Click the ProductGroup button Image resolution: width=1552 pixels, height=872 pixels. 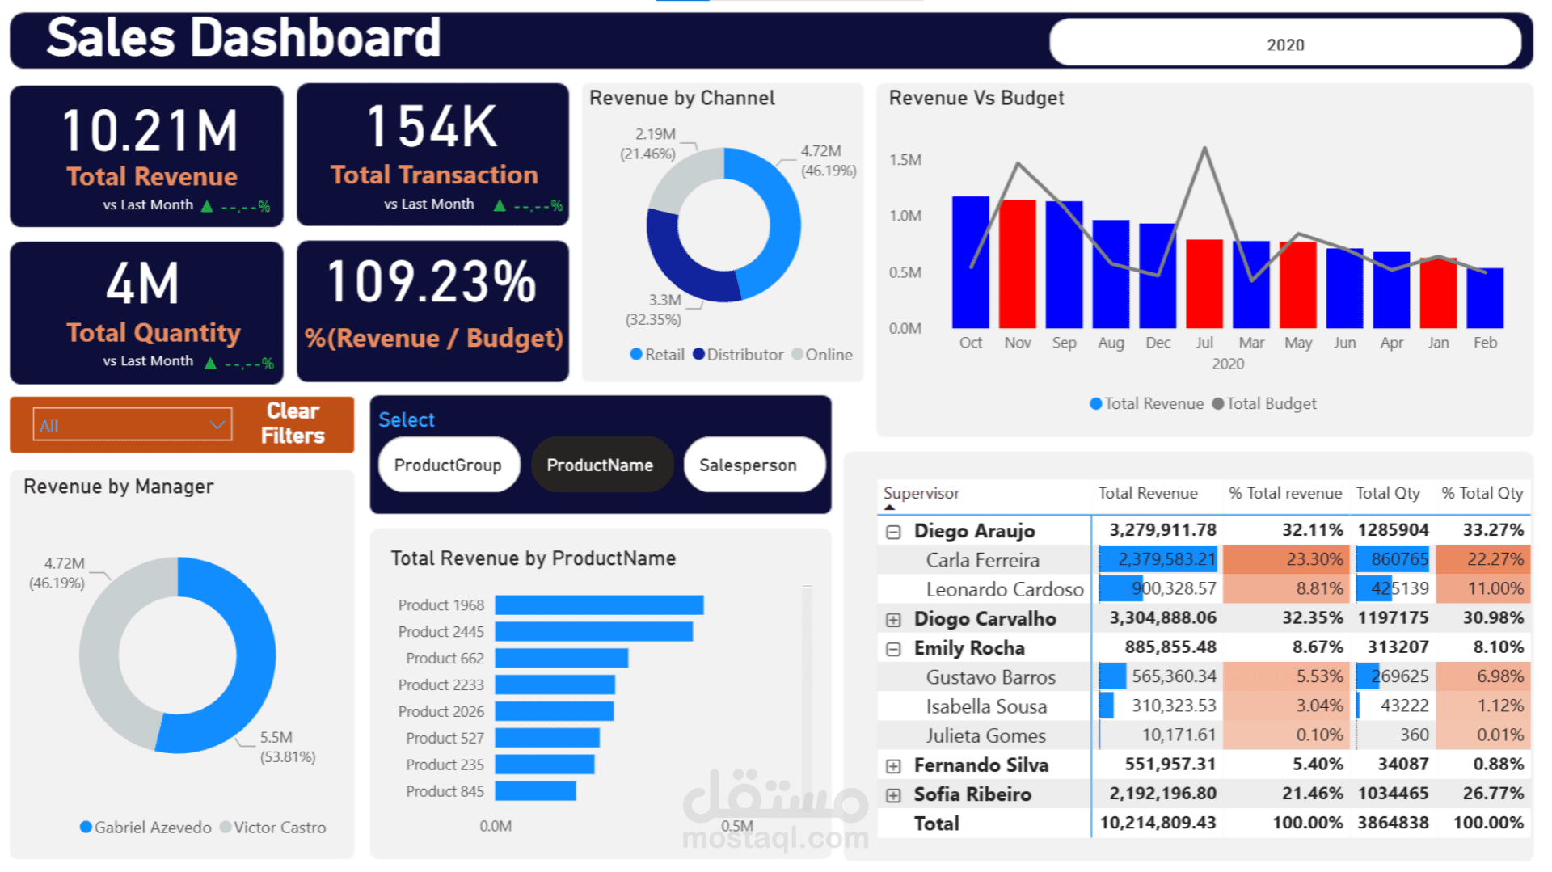coord(448,465)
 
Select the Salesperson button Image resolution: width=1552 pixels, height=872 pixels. coord(748,465)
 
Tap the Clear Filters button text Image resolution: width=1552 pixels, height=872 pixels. coord(293,423)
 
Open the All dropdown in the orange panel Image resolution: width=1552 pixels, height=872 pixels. coord(132,425)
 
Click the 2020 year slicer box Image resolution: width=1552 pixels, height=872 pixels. coord(1284,44)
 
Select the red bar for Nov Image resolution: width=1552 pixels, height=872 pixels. coord(1017,263)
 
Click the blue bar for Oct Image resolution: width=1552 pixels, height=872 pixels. coord(970,262)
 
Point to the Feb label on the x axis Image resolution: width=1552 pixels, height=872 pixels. coord(1485,343)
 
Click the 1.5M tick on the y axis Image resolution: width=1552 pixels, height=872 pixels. coord(905,160)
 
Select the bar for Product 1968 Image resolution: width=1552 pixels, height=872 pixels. coord(599,605)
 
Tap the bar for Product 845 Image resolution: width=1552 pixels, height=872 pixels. coord(535,791)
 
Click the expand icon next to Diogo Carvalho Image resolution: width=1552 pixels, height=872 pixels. coord(893,620)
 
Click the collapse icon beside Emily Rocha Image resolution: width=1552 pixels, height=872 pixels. coord(893,649)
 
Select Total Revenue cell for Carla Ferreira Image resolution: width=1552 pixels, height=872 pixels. coord(1158,559)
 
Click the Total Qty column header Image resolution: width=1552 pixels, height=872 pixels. coord(1387,493)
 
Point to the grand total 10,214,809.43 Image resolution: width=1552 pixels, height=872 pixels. coord(1158,824)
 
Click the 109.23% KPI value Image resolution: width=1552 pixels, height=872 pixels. coord(432,283)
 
